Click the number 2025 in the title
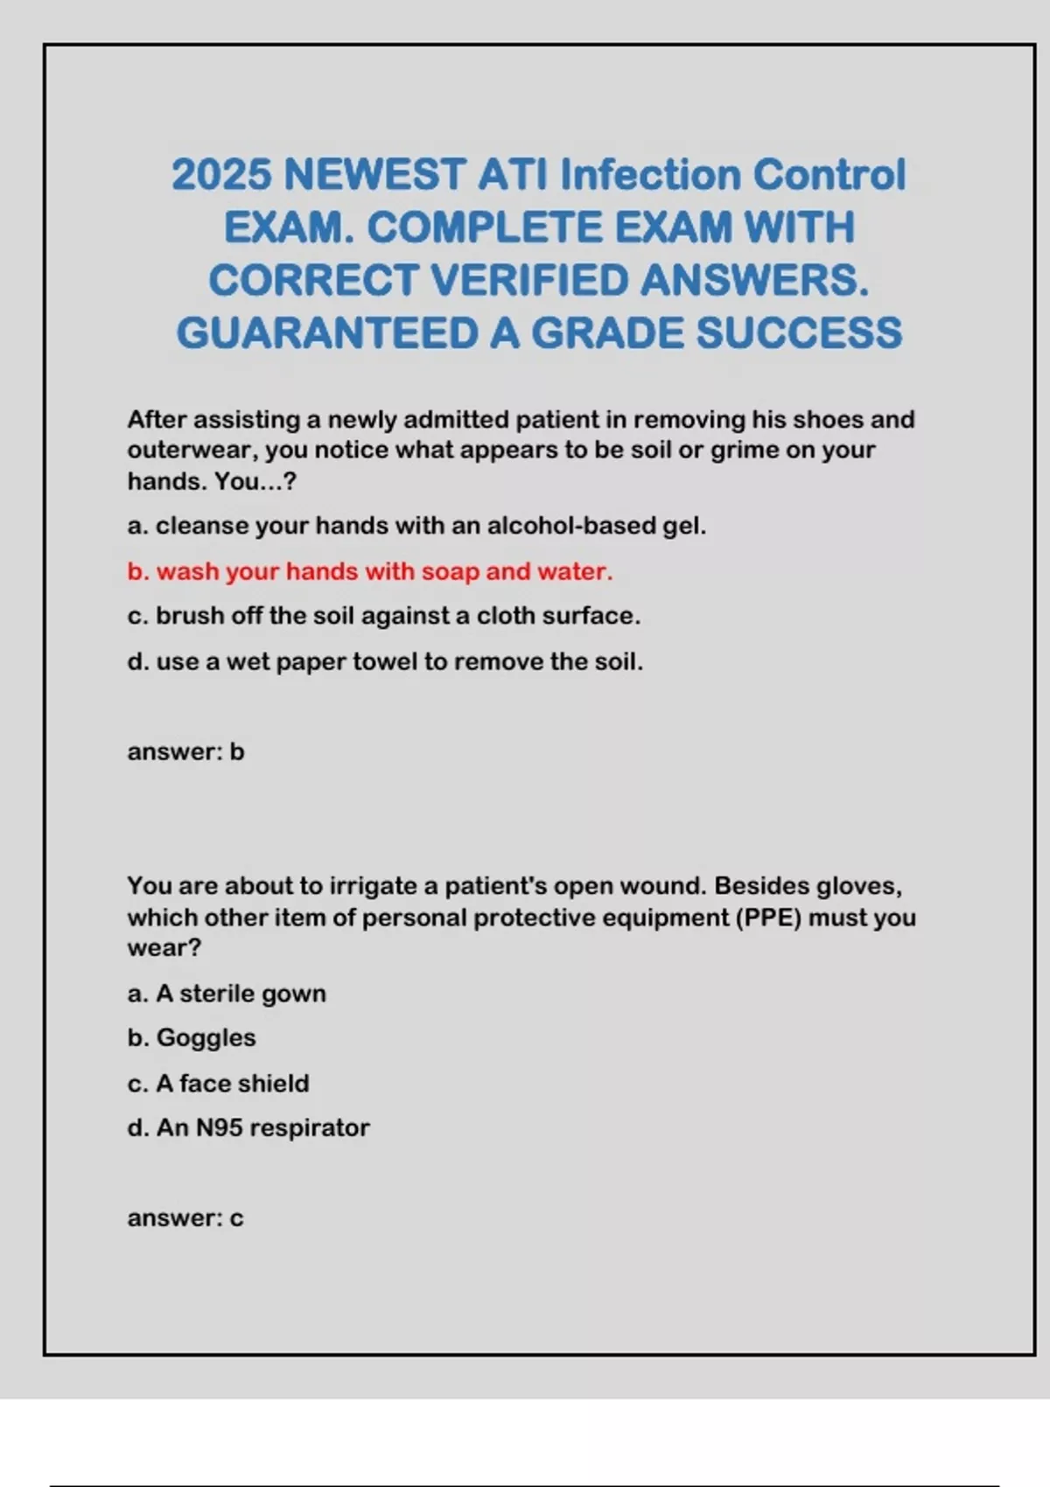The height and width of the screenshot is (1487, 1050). click(221, 175)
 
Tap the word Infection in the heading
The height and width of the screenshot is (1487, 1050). click(650, 175)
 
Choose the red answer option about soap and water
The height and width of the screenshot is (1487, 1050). click(370, 571)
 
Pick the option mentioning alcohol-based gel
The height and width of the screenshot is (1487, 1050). click(416, 526)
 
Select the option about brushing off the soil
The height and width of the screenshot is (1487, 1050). click(383, 616)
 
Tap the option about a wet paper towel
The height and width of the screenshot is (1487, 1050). click(385, 662)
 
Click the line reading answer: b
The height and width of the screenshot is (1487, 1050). click(185, 751)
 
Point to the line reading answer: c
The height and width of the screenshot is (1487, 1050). click(185, 1218)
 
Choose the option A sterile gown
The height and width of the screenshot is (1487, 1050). click(227, 994)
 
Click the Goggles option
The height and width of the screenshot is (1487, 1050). click(192, 1038)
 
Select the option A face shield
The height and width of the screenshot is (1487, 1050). click(218, 1084)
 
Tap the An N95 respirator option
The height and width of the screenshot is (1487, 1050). click(248, 1128)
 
